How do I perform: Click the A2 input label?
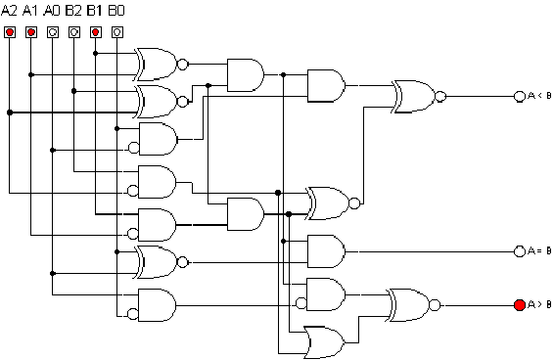point(10,10)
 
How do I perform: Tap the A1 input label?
point(31,10)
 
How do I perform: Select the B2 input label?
point(74,10)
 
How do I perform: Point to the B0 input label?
point(116,10)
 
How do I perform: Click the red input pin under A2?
point(10,32)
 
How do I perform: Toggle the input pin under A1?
point(31,32)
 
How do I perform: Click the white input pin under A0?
point(53,32)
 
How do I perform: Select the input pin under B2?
point(74,32)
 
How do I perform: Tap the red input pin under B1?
point(96,32)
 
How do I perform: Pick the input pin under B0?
point(117,32)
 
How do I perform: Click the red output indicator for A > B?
point(520,305)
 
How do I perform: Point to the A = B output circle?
point(520,251)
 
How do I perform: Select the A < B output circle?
point(520,96)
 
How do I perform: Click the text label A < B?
point(539,96)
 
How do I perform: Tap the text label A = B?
point(539,251)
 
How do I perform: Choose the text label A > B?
point(539,305)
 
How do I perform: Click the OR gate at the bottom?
point(325,340)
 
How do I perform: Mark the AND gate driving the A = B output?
point(325,250)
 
